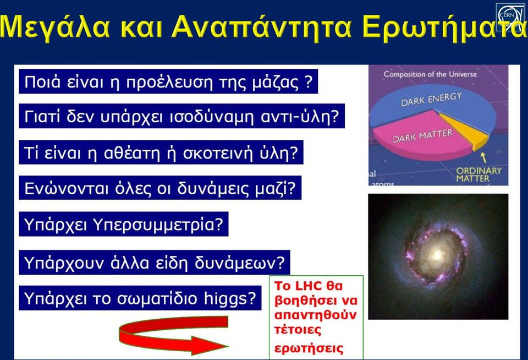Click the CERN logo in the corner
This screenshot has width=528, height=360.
(x=510, y=17)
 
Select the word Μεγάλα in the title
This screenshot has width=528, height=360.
(x=55, y=28)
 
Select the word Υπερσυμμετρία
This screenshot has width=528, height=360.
(x=158, y=225)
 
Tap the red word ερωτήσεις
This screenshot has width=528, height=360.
(x=309, y=348)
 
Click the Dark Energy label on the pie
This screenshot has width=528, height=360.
(x=431, y=99)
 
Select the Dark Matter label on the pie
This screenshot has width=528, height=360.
(x=422, y=136)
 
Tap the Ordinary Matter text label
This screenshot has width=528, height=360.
(x=479, y=174)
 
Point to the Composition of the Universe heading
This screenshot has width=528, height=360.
(x=430, y=74)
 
